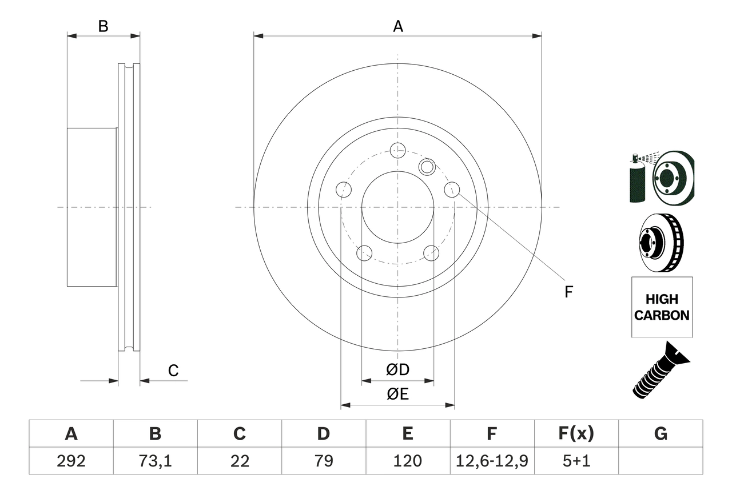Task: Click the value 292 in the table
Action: [71, 461]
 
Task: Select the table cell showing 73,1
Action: [155, 461]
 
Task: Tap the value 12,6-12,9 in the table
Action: [491, 461]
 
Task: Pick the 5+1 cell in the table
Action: [576, 461]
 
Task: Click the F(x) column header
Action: [576, 434]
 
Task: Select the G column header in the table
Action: [661, 434]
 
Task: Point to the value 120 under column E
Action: [407, 461]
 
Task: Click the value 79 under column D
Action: [323, 461]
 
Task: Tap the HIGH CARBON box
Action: [662, 307]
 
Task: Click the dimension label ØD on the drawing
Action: [397, 370]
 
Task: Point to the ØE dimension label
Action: [397, 395]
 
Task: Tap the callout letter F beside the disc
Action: [568, 292]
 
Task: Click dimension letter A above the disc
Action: [398, 26]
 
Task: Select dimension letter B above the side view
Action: [103, 26]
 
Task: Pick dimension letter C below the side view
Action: [173, 371]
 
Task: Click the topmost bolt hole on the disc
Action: [397, 150]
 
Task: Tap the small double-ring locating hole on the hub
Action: [427, 167]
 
